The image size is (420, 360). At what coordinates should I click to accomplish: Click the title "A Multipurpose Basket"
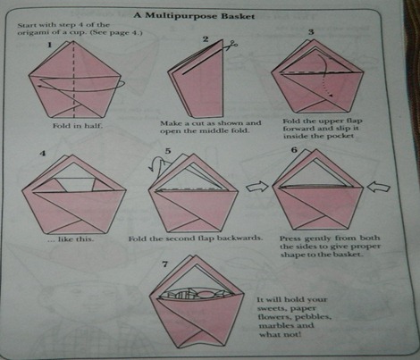coord(194,15)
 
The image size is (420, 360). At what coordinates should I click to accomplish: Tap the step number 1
coord(49,45)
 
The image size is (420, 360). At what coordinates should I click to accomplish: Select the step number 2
coord(206,39)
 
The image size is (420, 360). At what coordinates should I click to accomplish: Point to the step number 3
coord(311,32)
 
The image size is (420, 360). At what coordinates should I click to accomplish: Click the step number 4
coord(43,154)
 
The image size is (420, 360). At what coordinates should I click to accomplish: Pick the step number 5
coord(168,151)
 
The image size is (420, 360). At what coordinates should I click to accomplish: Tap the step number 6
coord(294,149)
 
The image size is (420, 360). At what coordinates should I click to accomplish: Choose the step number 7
coord(165,264)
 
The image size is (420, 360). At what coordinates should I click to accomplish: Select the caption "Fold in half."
coord(78,126)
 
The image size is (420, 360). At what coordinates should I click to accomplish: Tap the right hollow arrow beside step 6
coord(378,188)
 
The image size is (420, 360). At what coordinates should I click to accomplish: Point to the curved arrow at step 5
coord(157,163)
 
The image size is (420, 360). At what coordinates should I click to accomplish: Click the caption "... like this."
coord(71,239)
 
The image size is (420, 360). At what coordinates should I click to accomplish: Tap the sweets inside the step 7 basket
coord(196,293)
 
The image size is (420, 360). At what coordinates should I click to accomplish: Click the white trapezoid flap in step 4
coord(76,185)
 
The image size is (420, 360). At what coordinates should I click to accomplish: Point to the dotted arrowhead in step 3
coord(330,96)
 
